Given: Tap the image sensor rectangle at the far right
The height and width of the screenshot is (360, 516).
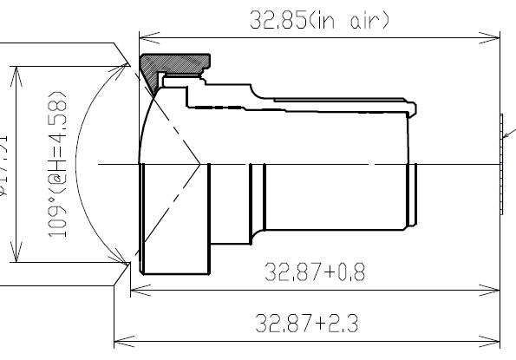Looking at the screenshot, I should pos(501,163).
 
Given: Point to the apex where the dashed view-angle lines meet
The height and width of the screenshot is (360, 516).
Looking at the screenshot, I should pos(201,163).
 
